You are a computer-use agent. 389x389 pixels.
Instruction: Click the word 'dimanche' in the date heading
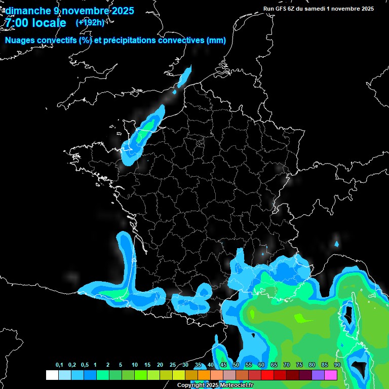click(x=28, y=11)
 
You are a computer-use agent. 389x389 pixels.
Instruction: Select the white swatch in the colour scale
click(x=52, y=375)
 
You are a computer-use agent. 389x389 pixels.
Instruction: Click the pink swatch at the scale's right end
click(x=331, y=375)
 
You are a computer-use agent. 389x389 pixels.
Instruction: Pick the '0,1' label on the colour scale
click(x=59, y=365)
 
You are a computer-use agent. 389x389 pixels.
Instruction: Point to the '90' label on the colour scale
click(x=337, y=365)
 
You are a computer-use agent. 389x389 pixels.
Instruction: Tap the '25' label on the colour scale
click(x=173, y=365)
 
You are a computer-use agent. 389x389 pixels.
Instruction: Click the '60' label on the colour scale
click(x=261, y=365)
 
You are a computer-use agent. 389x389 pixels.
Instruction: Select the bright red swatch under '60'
click(x=267, y=375)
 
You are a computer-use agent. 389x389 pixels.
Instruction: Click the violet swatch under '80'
click(x=318, y=375)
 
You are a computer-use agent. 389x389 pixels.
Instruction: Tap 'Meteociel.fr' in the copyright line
click(x=236, y=385)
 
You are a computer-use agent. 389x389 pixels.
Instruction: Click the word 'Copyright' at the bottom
click(x=190, y=385)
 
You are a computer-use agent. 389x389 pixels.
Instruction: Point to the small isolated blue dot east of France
click(x=337, y=244)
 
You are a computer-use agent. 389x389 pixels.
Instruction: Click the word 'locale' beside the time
click(x=49, y=23)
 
